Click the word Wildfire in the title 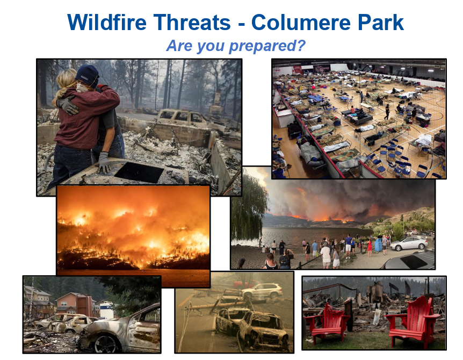(106, 23)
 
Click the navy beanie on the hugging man (88, 76)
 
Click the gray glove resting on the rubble (104, 162)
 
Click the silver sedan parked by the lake (409, 243)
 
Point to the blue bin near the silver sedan (378, 245)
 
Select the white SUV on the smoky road (262, 290)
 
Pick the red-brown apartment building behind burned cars (75, 304)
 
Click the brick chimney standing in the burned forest (216, 102)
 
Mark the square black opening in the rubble (139, 172)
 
